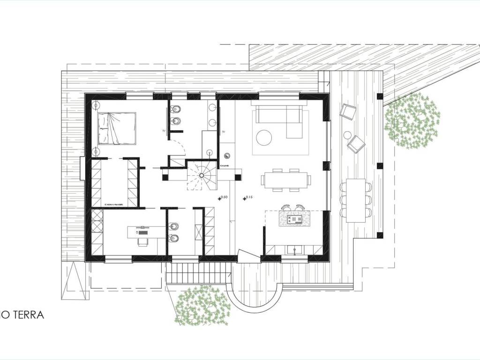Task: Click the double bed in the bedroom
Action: [x=117, y=128]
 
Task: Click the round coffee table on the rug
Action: [x=264, y=137]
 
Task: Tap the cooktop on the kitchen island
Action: [x=296, y=219]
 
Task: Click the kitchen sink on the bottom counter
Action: [x=294, y=249]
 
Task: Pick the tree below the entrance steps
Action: [x=202, y=306]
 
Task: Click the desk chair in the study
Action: [x=142, y=241]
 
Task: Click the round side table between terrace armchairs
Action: [x=347, y=135]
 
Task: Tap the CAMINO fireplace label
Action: [x=225, y=166]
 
